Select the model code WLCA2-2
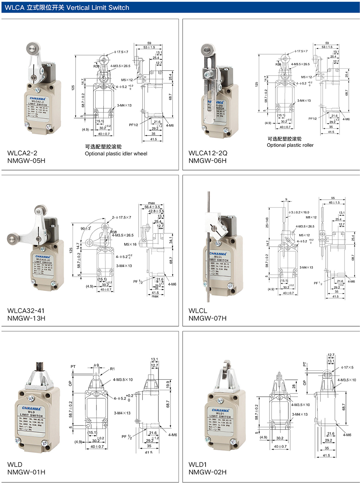(22, 153)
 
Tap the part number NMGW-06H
(208, 161)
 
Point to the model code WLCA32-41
(26, 310)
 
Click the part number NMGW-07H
(208, 318)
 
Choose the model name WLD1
(198, 464)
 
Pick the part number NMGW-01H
(26, 472)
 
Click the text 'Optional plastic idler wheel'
(116, 154)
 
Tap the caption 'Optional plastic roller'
(290, 145)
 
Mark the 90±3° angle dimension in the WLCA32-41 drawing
(86, 228)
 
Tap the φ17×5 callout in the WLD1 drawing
(347, 368)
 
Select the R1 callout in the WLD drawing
(112, 369)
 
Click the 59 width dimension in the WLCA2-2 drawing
(149, 43)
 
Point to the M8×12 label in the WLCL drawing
(311, 218)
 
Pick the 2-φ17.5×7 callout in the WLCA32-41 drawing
(121, 218)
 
